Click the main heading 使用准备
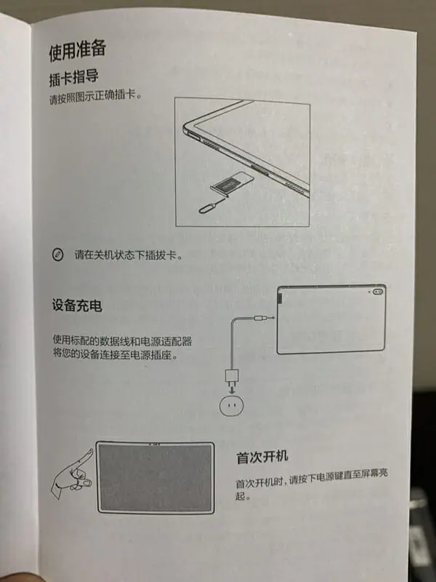pos(78,50)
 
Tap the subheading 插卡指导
pos(74,78)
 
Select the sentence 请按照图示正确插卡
pos(96,97)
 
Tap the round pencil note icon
pos(57,255)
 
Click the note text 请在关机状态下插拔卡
pos(129,255)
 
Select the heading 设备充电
pos(77,306)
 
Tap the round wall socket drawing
pos(232,405)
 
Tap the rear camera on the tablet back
pos(379,292)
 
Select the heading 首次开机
pos(262,458)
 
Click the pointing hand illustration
pos(73,474)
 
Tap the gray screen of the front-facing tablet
pos(156,477)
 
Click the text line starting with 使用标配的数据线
pos(122,340)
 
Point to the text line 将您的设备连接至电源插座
pos(116,354)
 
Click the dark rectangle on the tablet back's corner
pos(280,298)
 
